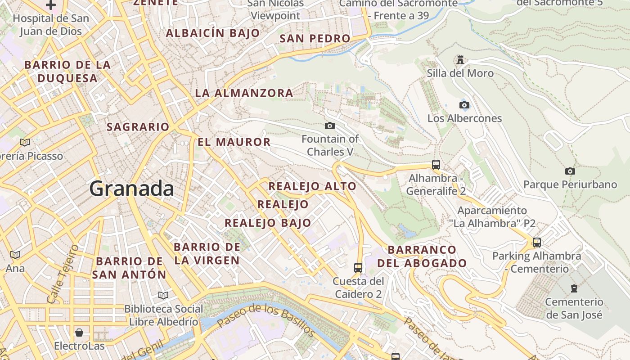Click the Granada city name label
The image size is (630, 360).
pos(131,188)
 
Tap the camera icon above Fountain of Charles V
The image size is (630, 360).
pos(330,126)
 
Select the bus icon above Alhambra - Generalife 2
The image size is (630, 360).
pos(436,165)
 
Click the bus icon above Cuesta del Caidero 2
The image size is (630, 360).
pos(358,268)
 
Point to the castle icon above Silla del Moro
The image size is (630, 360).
pos(460,59)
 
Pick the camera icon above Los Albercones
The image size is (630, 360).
pos(464,105)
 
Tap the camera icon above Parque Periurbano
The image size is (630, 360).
pos(570,171)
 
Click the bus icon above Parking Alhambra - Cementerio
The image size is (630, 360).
pos(536,243)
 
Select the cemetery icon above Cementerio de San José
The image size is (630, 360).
pos(574,288)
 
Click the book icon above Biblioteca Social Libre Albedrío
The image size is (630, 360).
pos(163,295)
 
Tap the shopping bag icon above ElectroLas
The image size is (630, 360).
pos(79,333)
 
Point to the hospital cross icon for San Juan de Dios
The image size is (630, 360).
pos(51,5)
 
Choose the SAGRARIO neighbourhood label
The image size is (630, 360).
pos(138,127)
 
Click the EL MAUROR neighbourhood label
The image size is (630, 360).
pos(234,142)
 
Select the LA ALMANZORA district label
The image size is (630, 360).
pos(244,93)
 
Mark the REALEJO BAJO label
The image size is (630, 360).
pos(268,223)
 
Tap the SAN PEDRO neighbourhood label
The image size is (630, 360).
pos(315,39)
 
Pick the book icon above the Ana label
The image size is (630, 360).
pos(15,255)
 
